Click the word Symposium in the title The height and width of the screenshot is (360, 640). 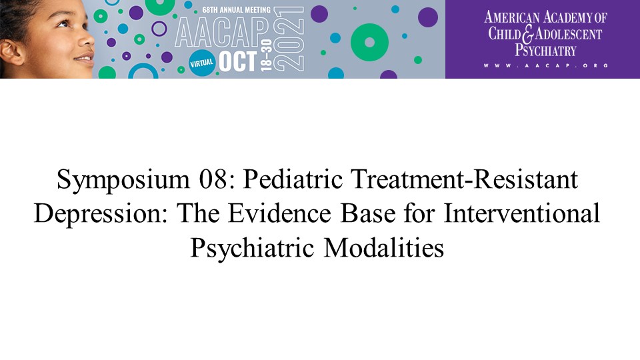(123, 180)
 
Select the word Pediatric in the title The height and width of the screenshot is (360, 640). (293, 179)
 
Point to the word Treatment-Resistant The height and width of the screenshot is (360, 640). (465, 179)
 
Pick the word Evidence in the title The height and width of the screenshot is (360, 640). (279, 213)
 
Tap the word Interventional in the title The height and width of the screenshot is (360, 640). (521, 213)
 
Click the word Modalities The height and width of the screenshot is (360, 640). (384, 248)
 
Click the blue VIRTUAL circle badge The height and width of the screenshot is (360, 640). (201, 63)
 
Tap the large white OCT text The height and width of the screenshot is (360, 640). (237, 61)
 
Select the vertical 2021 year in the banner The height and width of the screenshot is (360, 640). (288, 39)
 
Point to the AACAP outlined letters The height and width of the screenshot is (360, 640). (222, 33)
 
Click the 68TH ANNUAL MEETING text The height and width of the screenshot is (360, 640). (236, 10)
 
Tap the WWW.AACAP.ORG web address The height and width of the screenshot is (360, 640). (546, 65)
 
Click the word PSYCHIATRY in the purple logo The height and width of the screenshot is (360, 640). (545, 50)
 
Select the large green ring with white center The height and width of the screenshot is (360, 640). (369, 43)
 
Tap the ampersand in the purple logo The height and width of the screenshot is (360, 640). (528, 34)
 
